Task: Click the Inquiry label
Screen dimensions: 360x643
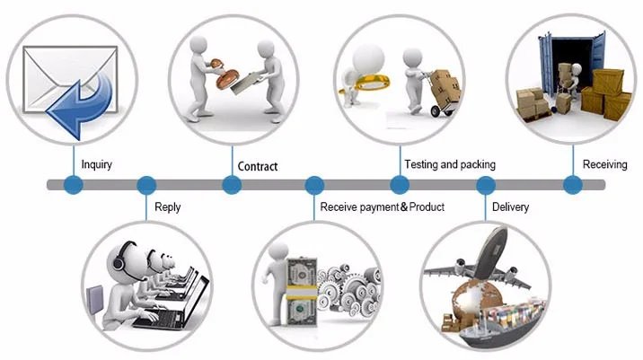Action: pos(96,165)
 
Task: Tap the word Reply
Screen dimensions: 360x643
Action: pos(167,207)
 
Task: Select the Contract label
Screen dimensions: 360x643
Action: pos(257,166)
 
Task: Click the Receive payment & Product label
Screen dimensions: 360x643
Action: pos(382,207)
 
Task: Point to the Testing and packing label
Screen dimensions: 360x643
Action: pos(449,165)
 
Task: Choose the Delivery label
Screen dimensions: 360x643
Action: pos(510,207)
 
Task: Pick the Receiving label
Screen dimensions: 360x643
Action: pos(604,164)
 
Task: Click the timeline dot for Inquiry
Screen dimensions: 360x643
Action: pos(74,185)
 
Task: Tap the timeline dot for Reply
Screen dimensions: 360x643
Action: pos(146,185)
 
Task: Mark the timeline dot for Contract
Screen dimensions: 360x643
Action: pos(232,185)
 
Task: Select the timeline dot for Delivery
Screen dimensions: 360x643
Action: pos(486,185)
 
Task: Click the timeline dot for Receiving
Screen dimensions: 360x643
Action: pos(573,185)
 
